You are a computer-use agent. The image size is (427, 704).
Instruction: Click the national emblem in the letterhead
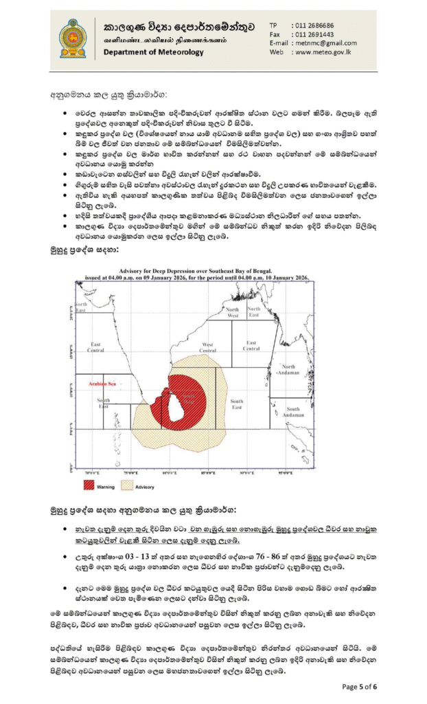pyautogui.click(x=73, y=38)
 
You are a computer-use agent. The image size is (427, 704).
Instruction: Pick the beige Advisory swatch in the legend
pyautogui.click(x=127, y=485)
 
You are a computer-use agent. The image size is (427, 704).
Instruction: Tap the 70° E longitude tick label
pyautogui.click(x=92, y=472)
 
